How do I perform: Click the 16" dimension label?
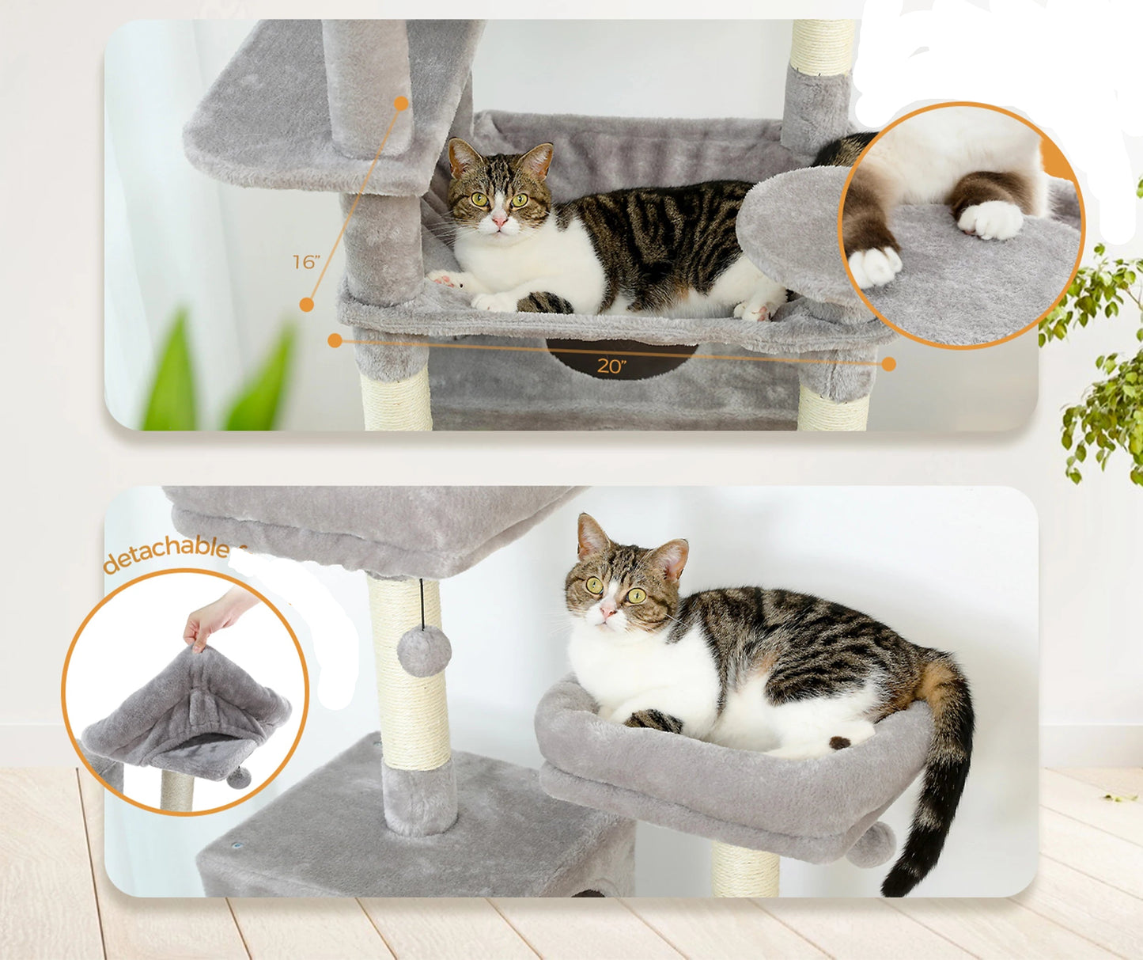305,261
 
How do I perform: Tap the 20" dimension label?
611,365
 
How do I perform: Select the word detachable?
167,553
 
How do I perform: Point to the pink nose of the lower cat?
607,610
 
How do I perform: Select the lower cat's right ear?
671,557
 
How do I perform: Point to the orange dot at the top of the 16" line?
401,103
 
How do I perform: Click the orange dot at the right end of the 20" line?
888,363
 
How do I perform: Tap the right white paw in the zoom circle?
991,219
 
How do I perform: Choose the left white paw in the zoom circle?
874,266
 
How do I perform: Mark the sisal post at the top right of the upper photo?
823,47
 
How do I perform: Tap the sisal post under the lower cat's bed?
745,871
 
